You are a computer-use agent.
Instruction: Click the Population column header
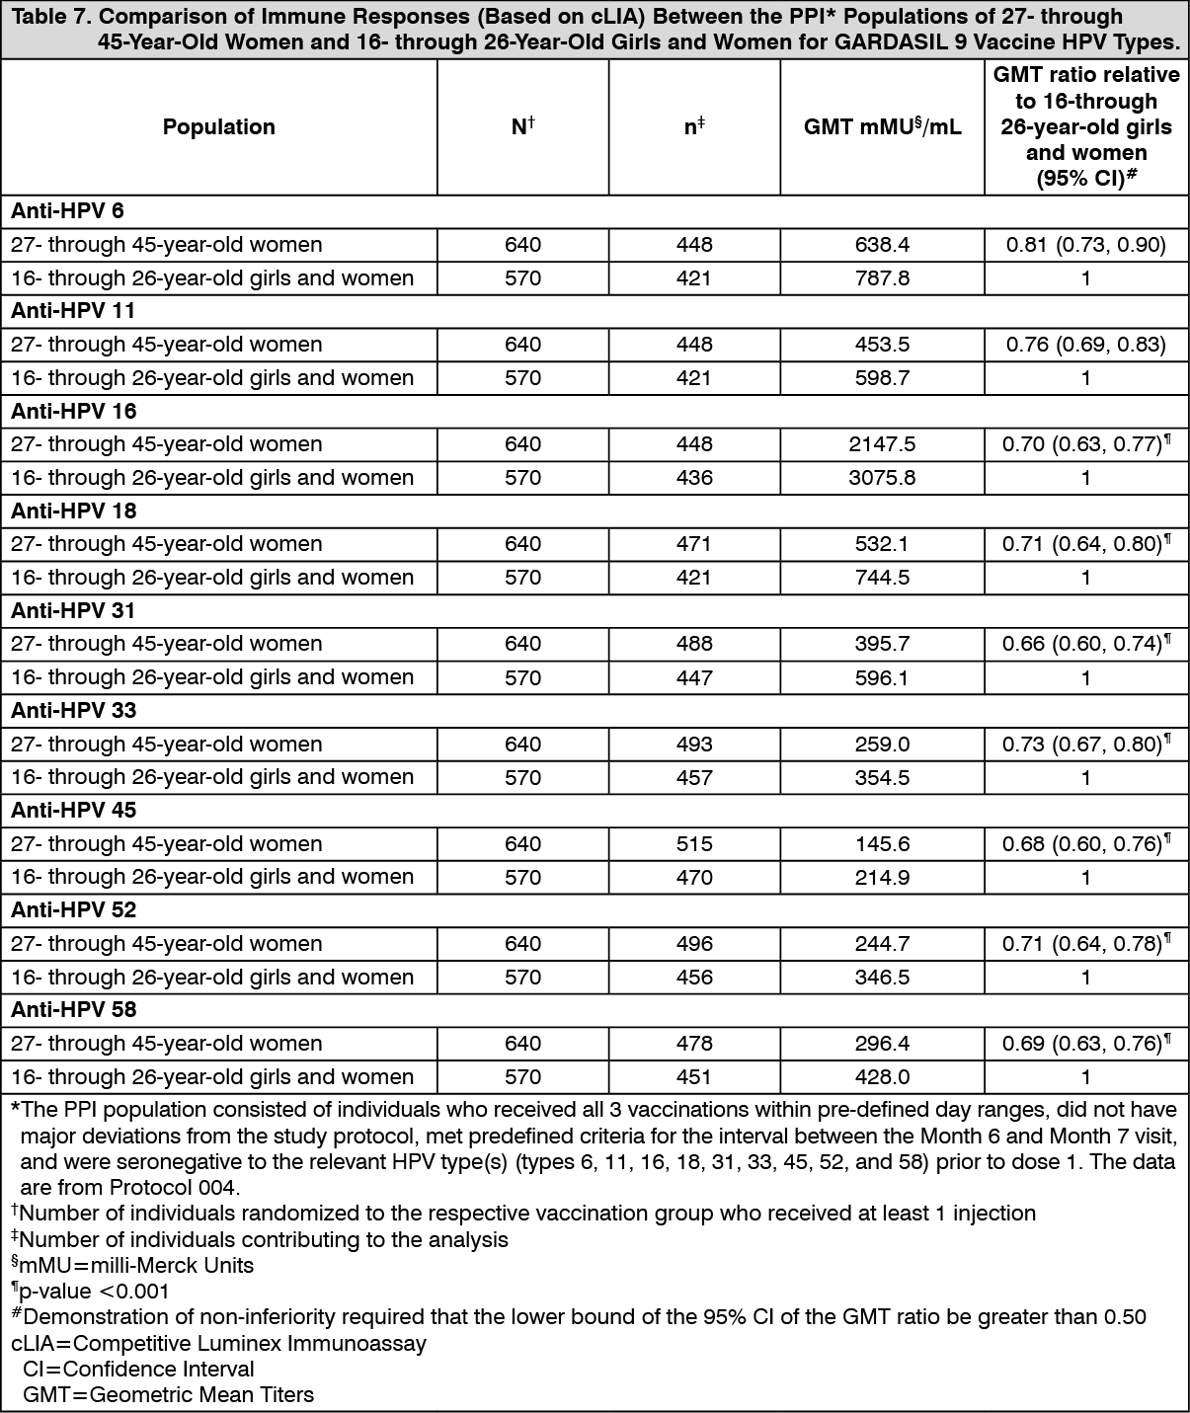218,127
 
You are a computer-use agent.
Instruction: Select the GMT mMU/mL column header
882,127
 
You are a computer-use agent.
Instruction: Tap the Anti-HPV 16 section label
74,411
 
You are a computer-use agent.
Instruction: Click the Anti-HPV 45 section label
74,811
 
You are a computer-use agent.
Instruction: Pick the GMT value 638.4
882,245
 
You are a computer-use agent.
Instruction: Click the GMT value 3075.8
882,478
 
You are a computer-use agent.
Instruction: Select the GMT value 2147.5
882,444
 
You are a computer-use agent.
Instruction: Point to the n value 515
694,844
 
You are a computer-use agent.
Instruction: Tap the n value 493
694,745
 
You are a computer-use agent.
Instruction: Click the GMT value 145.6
882,844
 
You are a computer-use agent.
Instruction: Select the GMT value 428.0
882,1077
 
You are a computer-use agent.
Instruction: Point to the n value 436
694,478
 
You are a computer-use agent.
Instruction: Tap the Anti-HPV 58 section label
74,1010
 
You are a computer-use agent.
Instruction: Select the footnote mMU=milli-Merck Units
132,1266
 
